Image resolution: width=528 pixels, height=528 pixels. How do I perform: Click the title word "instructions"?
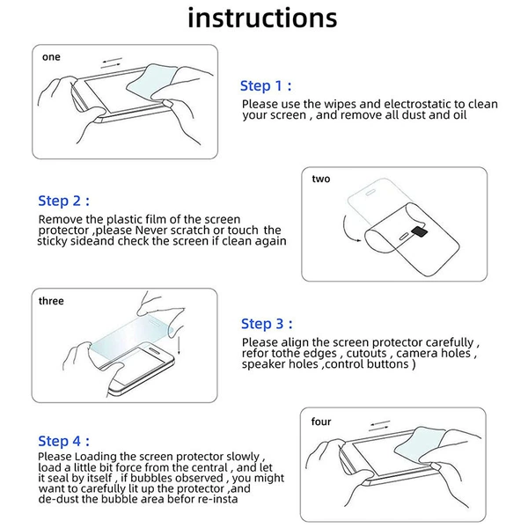click(x=262, y=18)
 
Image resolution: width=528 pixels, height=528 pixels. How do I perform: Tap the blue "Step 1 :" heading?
click(x=266, y=86)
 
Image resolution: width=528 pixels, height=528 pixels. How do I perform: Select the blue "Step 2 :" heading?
click(x=63, y=201)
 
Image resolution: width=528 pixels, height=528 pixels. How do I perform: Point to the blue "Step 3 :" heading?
click(x=267, y=324)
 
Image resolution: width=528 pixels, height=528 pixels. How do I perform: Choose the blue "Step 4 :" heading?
click(x=63, y=441)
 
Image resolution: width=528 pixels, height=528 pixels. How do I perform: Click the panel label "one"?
click(x=51, y=57)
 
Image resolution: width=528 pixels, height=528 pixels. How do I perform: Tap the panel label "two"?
click(x=321, y=179)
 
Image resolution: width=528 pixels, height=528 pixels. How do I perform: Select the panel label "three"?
click(x=51, y=301)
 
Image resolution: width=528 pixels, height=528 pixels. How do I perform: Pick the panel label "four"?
click(x=321, y=422)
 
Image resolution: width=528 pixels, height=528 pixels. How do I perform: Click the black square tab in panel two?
click(x=420, y=231)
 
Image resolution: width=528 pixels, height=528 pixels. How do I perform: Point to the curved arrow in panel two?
click(x=347, y=230)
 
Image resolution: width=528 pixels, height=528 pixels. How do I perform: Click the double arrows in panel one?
click(x=112, y=63)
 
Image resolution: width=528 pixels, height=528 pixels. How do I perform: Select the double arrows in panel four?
click(x=379, y=426)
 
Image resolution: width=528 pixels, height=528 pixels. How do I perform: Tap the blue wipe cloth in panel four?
click(x=419, y=444)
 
